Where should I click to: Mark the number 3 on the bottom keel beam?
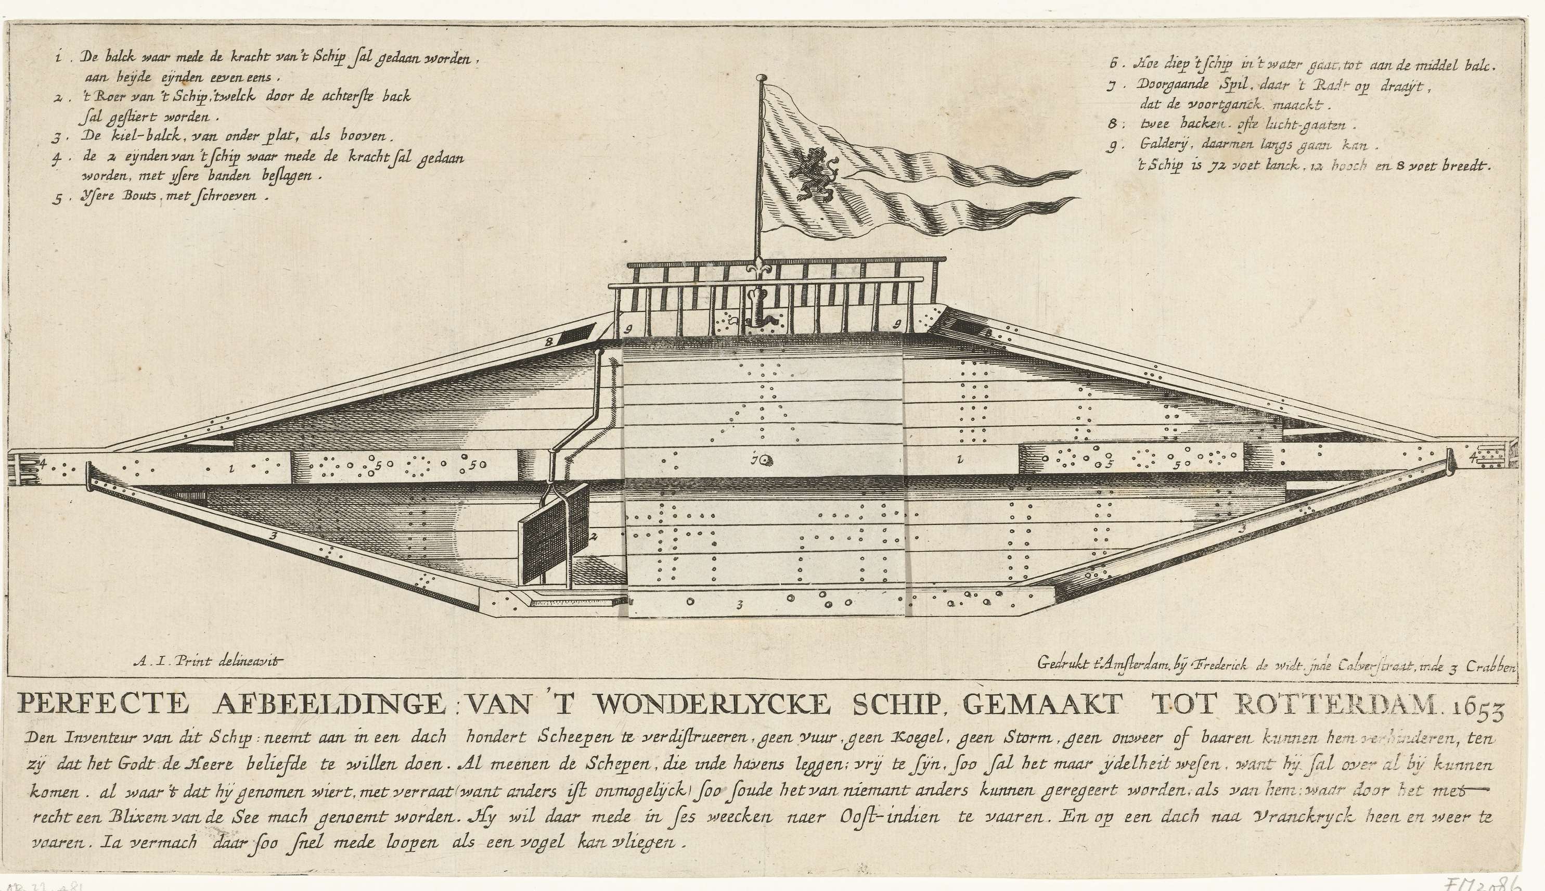coord(740,606)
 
